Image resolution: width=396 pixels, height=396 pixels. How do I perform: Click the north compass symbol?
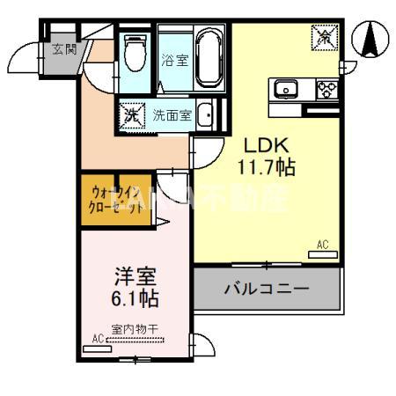[370, 38]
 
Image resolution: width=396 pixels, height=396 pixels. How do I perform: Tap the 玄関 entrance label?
[63, 48]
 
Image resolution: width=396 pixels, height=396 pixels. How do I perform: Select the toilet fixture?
[136, 54]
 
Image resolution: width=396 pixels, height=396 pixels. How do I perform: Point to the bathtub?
[209, 57]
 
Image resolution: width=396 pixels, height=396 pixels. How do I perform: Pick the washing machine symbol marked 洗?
[130, 114]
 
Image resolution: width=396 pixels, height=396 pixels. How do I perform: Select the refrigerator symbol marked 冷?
[322, 38]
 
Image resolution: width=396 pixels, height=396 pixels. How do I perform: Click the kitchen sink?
[287, 88]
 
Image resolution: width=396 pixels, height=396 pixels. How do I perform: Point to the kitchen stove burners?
[326, 88]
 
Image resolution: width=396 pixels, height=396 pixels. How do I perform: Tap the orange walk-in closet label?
[114, 202]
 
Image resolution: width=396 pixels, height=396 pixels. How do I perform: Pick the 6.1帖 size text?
[135, 298]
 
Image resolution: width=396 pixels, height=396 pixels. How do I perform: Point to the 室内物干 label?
[135, 330]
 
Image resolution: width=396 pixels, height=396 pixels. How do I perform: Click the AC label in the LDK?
[322, 246]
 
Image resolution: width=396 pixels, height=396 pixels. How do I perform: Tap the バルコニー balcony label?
[266, 288]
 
